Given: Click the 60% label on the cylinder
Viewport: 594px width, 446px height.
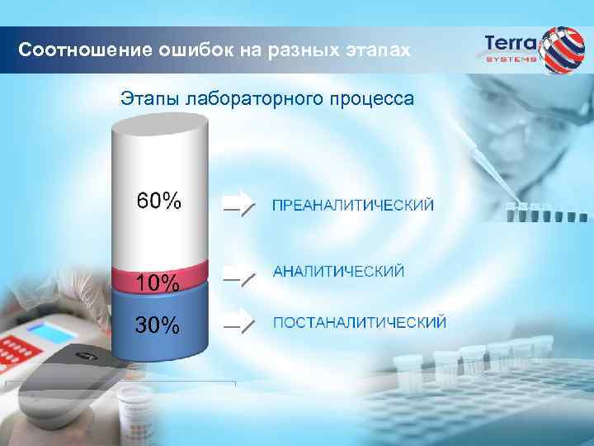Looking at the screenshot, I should tap(159, 201).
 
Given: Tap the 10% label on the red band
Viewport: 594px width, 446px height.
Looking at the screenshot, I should tap(158, 283).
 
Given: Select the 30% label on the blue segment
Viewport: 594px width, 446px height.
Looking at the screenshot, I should tap(158, 325).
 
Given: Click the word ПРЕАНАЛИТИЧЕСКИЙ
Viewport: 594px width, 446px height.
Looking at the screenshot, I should tap(352, 205).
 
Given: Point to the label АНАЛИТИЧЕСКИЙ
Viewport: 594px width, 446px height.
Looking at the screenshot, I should tap(338, 272).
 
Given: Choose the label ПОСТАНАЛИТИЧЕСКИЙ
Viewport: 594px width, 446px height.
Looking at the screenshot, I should tap(360, 322).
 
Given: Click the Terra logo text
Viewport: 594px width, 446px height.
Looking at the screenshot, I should tap(511, 42).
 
